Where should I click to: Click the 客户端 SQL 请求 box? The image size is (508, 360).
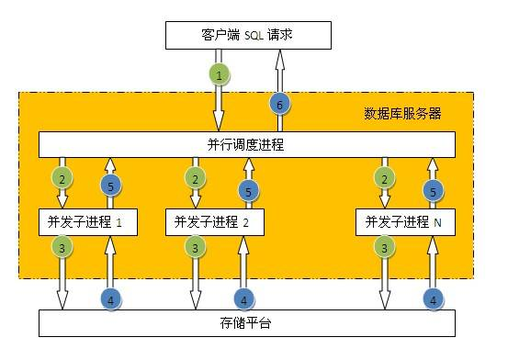(246, 36)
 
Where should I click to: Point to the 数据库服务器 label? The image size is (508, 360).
(402, 114)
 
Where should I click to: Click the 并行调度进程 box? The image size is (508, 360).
(246, 144)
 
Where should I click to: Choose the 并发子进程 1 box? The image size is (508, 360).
(85, 221)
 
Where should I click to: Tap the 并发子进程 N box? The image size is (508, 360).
(404, 221)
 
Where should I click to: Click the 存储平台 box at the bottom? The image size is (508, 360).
(246, 324)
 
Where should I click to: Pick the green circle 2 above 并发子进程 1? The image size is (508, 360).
(62, 177)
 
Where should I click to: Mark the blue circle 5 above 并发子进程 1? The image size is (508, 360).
(109, 186)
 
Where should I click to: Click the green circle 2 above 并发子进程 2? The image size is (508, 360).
(194, 177)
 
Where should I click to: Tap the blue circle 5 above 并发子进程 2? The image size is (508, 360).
(245, 191)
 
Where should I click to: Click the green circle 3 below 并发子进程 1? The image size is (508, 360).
(62, 247)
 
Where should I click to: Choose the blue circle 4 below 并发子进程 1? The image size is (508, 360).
(109, 298)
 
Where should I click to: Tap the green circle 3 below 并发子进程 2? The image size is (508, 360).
(194, 247)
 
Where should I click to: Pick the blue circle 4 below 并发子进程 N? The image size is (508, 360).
(431, 298)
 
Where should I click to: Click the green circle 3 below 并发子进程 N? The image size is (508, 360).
(383, 247)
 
